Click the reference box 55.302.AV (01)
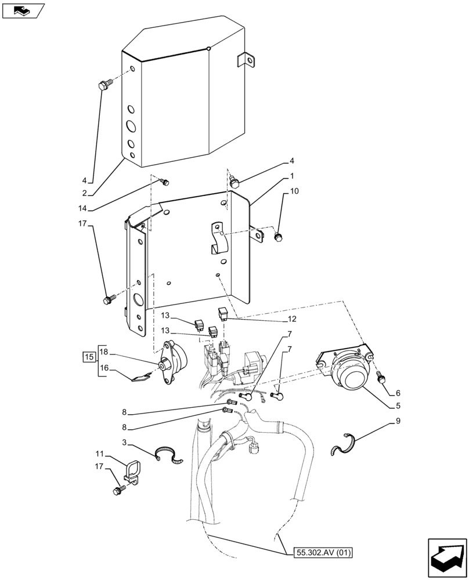[319, 553]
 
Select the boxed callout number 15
[89, 356]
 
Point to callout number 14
[85, 208]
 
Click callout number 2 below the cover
[85, 193]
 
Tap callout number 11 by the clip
[100, 454]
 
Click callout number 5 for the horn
[398, 406]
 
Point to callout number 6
[398, 393]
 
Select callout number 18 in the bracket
[104, 352]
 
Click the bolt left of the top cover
[104, 86]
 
